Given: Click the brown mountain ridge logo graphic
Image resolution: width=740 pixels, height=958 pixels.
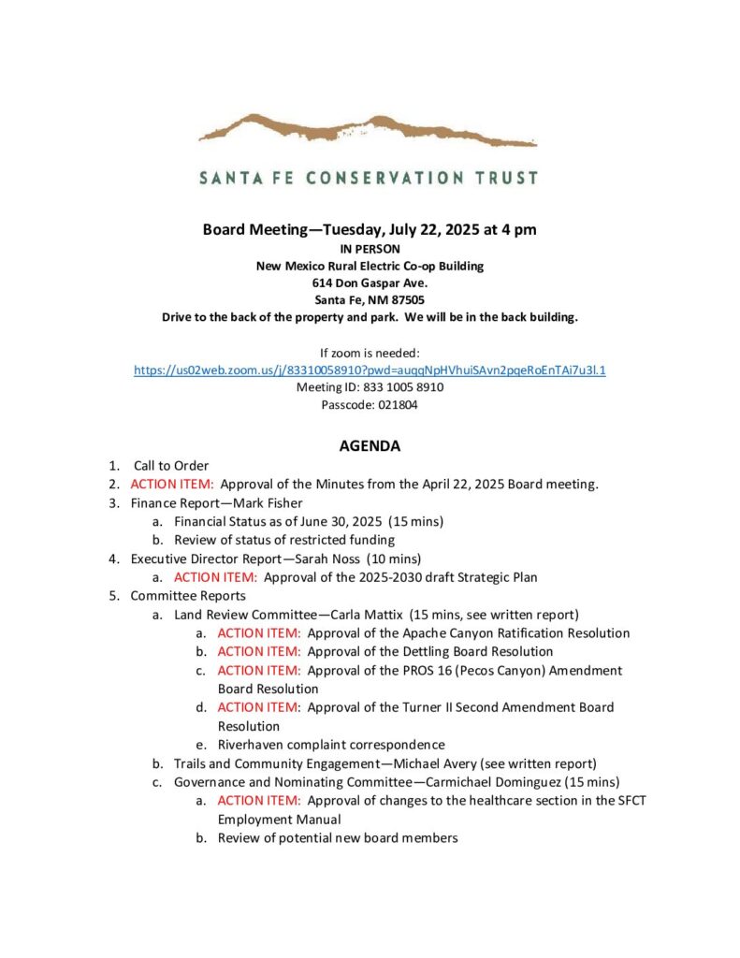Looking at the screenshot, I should (x=368, y=130).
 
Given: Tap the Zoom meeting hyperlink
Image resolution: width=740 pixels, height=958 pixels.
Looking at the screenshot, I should (x=370, y=370).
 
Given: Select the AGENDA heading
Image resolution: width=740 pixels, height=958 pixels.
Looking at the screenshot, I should (x=370, y=446).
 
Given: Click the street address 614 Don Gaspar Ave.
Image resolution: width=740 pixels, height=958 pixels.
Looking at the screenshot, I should (x=370, y=283).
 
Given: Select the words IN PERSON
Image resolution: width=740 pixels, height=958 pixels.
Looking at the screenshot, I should (x=370, y=249).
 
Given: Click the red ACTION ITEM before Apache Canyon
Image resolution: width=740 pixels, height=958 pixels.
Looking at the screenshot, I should (x=258, y=632).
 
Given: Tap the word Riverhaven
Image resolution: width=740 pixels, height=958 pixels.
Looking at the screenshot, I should (x=254, y=745).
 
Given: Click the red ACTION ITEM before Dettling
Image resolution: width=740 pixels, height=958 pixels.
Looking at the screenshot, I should (x=258, y=651).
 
